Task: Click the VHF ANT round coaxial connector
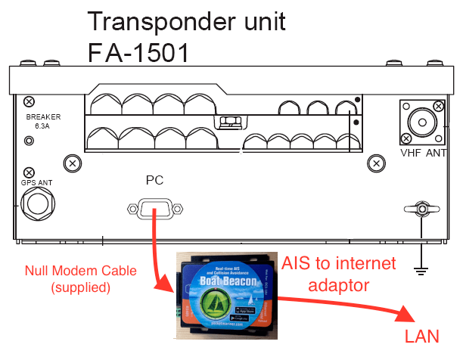(x=421, y=123)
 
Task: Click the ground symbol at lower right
(x=422, y=265)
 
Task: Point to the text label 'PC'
(x=154, y=180)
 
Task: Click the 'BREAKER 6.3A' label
(x=43, y=123)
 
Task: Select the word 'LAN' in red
(x=421, y=336)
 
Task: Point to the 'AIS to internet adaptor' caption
(x=339, y=275)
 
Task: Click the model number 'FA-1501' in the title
(x=137, y=52)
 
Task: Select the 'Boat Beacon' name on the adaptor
(x=224, y=279)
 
